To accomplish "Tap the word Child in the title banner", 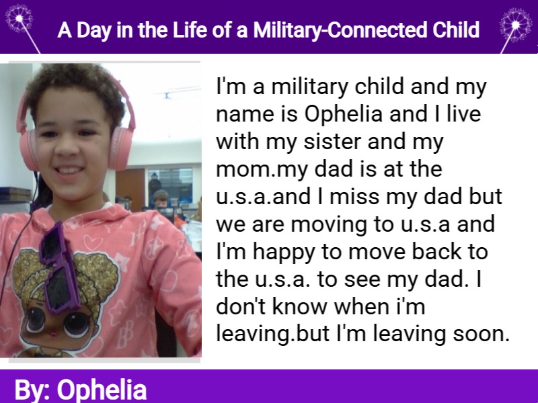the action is point(456,30).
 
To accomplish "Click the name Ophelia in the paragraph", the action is point(343,114).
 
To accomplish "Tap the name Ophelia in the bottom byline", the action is point(102,390).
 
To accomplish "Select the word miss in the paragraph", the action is point(354,197).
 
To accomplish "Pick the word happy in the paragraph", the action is point(284,253).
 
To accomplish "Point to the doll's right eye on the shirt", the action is point(76,324).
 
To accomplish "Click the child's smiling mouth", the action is point(70,171).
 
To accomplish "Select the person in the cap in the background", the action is point(160,199).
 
